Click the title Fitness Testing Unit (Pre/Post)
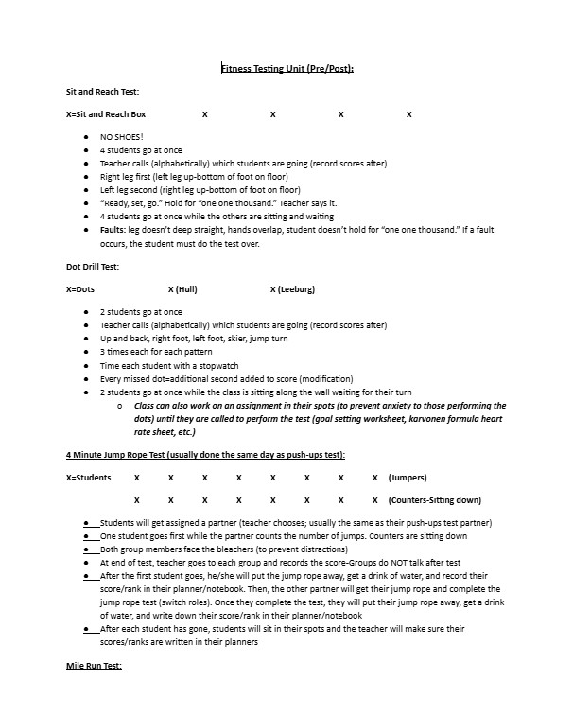click(286, 69)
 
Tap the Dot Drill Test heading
click(93, 267)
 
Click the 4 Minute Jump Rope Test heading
click(205, 455)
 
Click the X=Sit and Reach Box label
click(106, 114)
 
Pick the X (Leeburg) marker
click(292, 288)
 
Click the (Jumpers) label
click(408, 478)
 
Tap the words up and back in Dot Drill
click(122, 339)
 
